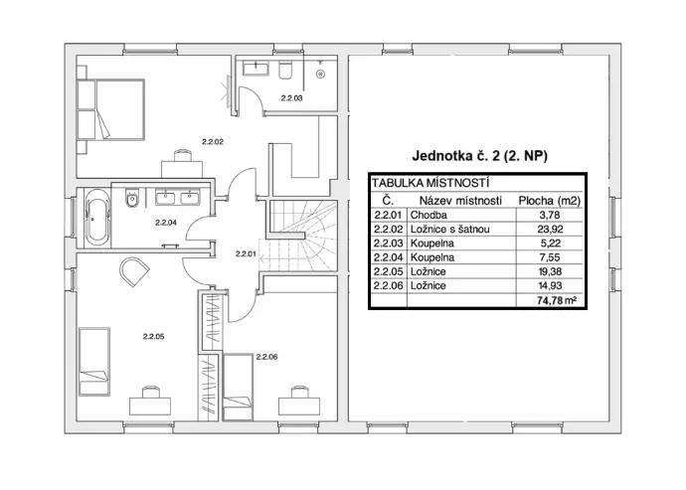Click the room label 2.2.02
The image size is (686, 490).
[213, 142]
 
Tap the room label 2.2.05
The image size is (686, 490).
[153, 336]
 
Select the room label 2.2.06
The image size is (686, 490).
[266, 357]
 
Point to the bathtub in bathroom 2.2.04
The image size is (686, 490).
[97, 217]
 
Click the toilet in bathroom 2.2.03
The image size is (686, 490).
[285, 70]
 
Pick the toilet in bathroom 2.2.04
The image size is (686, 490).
[131, 198]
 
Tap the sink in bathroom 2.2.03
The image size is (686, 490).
[256, 69]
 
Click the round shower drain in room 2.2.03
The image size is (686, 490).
[321, 75]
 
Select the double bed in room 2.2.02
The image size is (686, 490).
[110, 109]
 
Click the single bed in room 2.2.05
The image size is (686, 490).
[94, 362]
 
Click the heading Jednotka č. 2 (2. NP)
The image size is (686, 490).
[479, 156]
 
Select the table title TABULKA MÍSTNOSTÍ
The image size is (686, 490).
[430, 183]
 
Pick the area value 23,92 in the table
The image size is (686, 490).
[550, 230]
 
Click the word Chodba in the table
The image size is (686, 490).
[429, 216]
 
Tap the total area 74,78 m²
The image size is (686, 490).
[557, 300]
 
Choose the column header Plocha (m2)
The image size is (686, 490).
[550, 201]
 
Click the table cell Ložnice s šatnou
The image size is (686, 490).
[449, 230]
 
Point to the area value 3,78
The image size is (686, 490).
[550, 216]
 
